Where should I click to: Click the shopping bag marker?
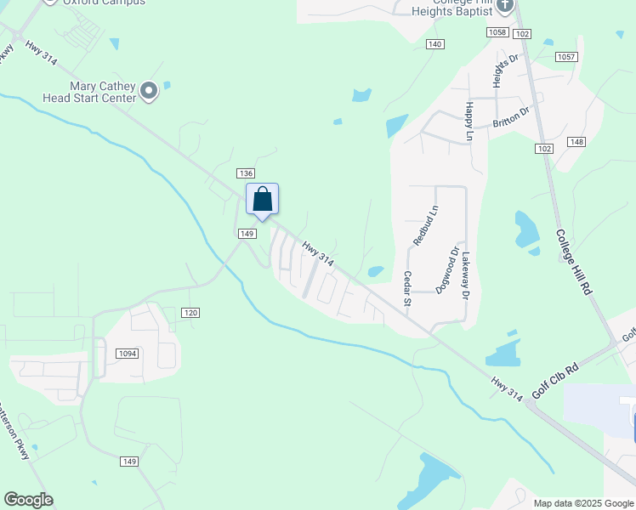[x=263, y=200]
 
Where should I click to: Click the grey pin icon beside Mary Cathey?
[x=150, y=90]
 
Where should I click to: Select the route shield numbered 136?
[x=246, y=173]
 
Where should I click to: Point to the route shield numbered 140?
[x=434, y=43]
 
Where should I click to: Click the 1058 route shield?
[x=497, y=32]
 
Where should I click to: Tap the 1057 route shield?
[x=565, y=57]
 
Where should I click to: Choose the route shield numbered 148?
[x=577, y=142]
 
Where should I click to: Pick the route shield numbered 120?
[x=190, y=313]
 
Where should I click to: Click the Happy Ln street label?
[x=468, y=122]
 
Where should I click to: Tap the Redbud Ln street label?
[x=425, y=225]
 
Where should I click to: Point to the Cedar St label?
[x=407, y=288]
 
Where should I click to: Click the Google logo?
[x=28, y=500]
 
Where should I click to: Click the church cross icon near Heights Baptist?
[x=506, y=7]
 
